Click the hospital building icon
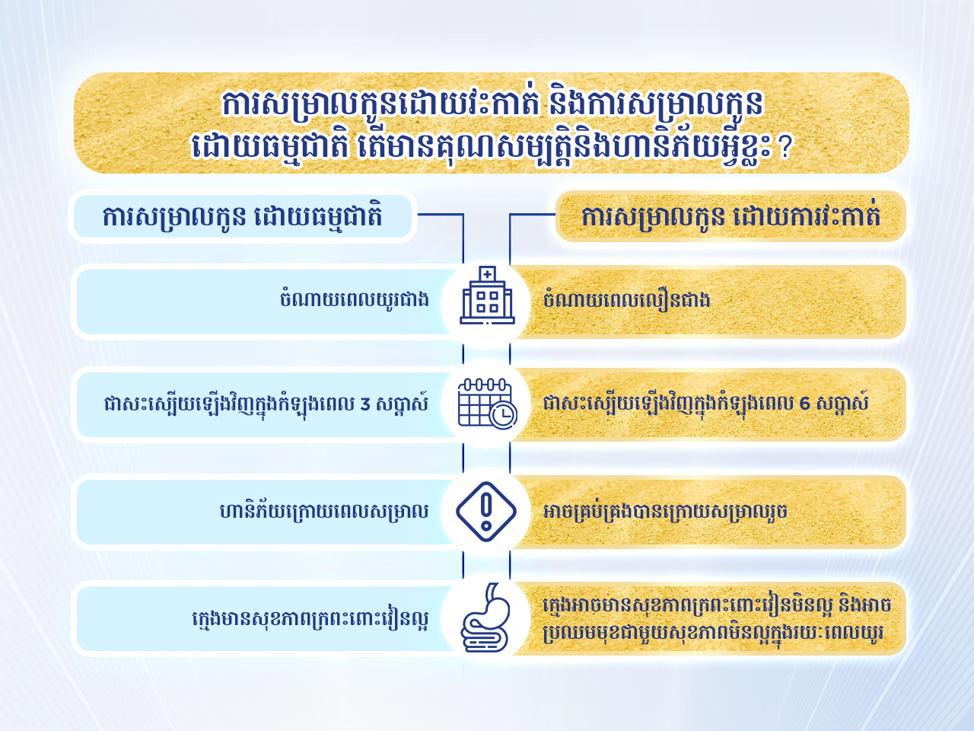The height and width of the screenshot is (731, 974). tap(487, 295)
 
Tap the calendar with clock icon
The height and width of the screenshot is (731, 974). tap(487, 404)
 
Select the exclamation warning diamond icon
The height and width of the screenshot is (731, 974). tap(486, 511)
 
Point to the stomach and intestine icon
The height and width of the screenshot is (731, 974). tap(485, 618)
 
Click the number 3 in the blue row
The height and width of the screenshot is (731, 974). tap(365, 404)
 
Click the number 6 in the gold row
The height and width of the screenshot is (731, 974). tap(804, 404)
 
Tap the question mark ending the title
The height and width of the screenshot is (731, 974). tap(785, 148)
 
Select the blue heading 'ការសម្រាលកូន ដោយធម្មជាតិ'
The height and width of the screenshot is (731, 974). tap(242, 216)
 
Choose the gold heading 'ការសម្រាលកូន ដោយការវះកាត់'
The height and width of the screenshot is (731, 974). tap(730, 216)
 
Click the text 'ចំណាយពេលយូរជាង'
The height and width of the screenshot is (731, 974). tap(355, 299)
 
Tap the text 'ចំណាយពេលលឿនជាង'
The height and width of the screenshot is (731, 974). tap(626, 299)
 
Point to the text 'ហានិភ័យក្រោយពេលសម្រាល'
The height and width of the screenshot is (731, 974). tap(324, 511)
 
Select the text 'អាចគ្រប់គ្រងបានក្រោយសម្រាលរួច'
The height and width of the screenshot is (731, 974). tap(665, 511)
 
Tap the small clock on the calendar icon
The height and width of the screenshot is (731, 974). tap(504, 416)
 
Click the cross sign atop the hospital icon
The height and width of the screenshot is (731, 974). tap(487, 274)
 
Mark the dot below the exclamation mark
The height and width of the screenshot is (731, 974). tap(487, 527)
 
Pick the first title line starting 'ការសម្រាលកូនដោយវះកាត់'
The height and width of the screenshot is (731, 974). tap(492, 105)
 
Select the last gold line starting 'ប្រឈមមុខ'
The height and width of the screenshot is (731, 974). tap(713, 634)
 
